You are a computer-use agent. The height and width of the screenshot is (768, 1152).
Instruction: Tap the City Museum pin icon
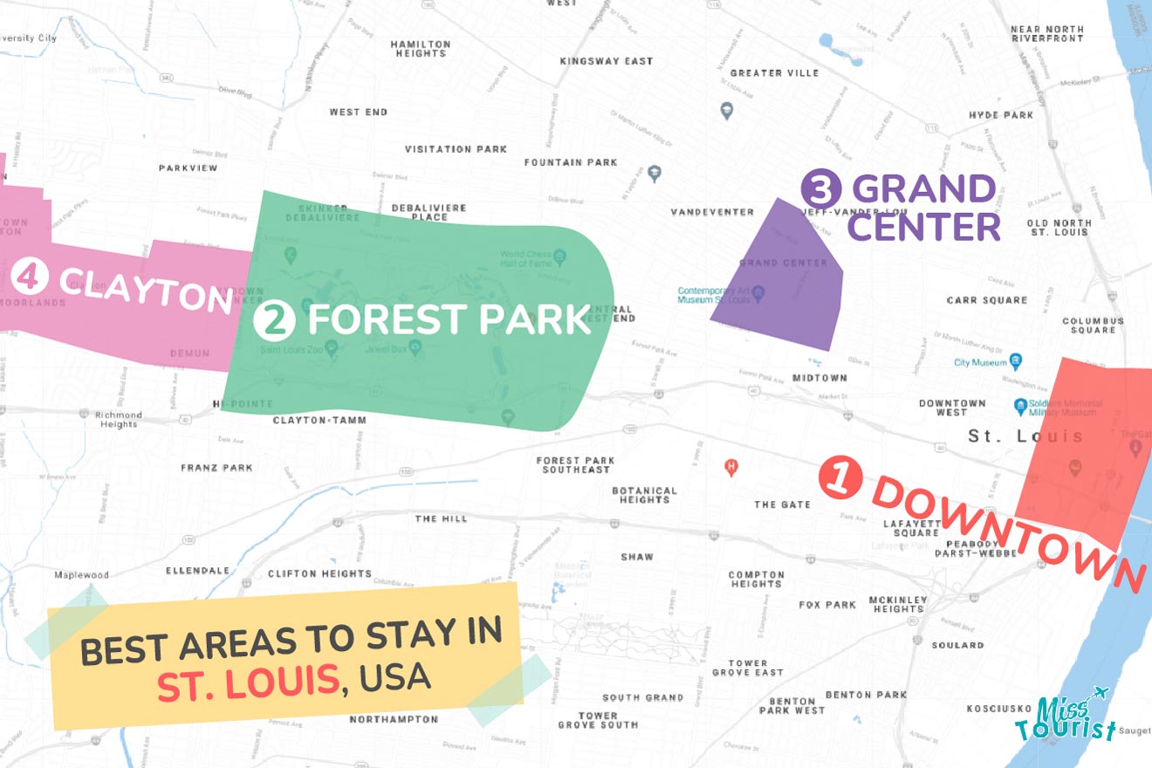(1015, 362)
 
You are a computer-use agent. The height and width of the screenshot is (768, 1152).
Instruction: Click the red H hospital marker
(731, 468)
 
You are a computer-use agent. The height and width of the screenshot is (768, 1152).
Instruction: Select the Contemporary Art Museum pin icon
(758, 294)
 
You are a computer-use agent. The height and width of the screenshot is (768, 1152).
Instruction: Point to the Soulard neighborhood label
(957, 645)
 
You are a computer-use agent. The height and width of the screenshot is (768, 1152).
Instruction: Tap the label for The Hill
(441, 518)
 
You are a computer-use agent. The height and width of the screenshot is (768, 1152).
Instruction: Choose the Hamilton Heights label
(421, 49)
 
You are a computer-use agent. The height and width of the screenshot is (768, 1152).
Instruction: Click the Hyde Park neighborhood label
(1000, 115)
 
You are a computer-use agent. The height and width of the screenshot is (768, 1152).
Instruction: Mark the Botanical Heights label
(645, 495)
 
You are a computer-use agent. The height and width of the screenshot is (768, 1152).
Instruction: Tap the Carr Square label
(986, 300)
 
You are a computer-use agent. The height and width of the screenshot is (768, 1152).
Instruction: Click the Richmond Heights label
(118, 419)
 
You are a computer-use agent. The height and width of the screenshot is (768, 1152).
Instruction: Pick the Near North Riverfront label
(1046, 34)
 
